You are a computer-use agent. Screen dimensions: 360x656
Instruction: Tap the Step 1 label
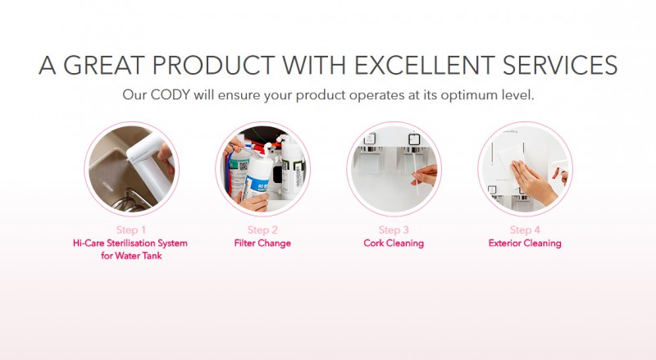131,230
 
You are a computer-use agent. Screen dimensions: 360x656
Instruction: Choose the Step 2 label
262,230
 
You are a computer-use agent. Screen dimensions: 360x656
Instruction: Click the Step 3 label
394,230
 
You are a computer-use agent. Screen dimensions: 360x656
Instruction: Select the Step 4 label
525,230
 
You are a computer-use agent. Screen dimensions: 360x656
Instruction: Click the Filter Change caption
262,244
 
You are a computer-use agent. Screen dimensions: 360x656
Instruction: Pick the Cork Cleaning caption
394,244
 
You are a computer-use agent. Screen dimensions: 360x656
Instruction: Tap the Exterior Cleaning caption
525,244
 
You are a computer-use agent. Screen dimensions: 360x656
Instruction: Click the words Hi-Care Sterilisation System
131,244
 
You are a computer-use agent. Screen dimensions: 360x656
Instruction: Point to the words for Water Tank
131,257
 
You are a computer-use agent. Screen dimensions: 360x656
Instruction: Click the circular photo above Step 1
131,168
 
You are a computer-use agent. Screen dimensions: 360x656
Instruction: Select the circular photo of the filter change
262,168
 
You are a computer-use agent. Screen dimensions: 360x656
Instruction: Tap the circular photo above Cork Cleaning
394,168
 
